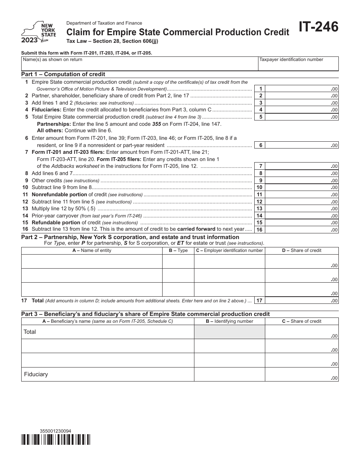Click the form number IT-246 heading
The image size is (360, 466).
point(318,28)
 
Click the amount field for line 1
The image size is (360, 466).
point(302,89)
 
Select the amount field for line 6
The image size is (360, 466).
point(302,145)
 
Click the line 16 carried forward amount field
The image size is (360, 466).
point(302,230)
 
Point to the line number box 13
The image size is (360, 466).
point(260,209)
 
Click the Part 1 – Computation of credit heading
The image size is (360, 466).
point(63,74)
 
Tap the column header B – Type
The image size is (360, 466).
point(178,250)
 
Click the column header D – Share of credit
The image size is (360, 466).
point(302,250)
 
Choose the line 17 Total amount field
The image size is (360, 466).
point(302,300)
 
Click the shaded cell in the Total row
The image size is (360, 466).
point(229,332)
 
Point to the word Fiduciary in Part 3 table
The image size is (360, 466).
point(36,374)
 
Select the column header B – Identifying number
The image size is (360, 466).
point(229,321)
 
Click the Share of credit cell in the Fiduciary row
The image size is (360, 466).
point(302,374)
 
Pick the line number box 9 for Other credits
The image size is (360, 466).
point(260,180)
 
